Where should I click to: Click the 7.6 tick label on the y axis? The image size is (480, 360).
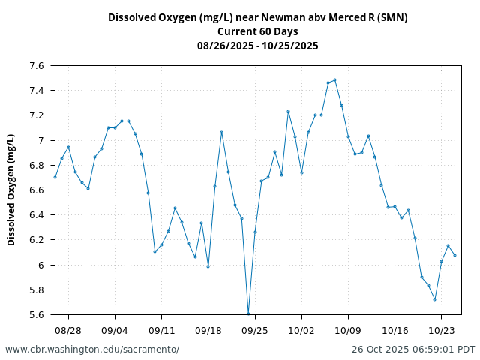click(37, 66)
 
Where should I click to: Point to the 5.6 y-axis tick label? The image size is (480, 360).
click(37, 314)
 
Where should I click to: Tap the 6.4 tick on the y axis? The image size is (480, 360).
click(37, 215)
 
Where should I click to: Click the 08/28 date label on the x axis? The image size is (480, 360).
click(68, 329)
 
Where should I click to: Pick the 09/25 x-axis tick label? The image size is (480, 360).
click(255, 329)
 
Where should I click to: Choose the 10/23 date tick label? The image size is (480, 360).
click(441, 329)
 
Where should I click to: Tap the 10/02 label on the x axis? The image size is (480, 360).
click(301, 329)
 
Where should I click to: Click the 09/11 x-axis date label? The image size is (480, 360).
click(161, 329)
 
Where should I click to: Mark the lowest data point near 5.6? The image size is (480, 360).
click(248, 313)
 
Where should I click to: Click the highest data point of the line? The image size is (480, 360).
click(334, 79)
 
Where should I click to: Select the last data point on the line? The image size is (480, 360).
click(454, 255)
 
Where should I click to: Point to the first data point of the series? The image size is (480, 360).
click(55, 177)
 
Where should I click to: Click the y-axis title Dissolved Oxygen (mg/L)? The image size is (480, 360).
click(11, 190)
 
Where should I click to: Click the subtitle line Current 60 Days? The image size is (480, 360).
click(257, 31)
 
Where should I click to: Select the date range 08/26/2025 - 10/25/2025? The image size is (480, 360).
click(257, 46)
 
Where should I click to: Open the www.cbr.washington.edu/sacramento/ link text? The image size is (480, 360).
click(92, 349)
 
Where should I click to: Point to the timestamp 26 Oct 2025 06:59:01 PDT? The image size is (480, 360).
click(413, 349)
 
